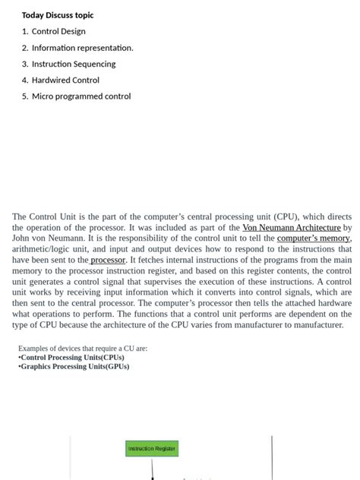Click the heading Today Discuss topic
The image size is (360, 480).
click(x=58, y=15)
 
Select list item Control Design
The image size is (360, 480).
click(x=58, y=31)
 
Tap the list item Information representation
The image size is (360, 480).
click(x=82, y=48)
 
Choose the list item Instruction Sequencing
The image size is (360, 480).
click(x=74, y=64)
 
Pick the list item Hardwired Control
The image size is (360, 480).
click(x=65, y=80)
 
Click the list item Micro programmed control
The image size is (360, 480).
click(x=81, y=96)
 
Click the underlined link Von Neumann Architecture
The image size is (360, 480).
click(x=291, y=227)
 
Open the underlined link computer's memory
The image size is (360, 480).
click(x=314, y=238)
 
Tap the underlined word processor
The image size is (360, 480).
click(x=108, y=260)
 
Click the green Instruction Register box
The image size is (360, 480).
click(x=152, y=449)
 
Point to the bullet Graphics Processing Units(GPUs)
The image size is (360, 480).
click(x=74, y=367)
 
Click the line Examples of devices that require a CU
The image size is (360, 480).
click(x=83, y=349)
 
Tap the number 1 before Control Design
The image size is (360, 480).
click(x=24, y=31)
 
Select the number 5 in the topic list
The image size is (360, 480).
click(x=24, y=96)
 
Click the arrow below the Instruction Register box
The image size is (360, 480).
click(x=152, y=470)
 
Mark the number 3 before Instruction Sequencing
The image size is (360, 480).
click(x=24, y=64)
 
